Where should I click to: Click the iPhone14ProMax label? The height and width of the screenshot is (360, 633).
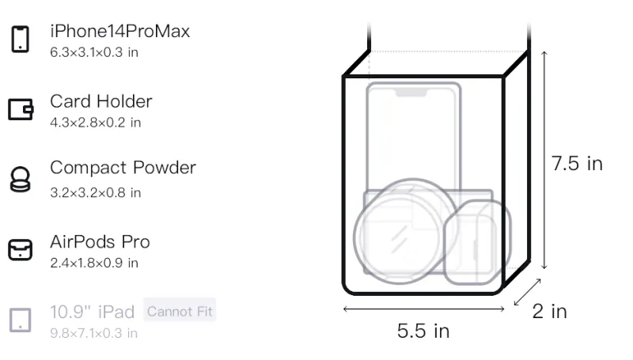[120, 32]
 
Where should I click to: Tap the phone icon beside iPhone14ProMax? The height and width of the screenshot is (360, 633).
[21, 39]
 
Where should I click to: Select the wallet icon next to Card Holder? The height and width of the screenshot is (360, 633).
[21, 109]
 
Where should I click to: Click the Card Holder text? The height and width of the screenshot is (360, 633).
[101, 101]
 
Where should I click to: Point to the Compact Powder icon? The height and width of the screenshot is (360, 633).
[21, 179]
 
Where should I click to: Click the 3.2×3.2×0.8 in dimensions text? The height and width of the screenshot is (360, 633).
[95, 192]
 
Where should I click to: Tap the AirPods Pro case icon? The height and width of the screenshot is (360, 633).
[21, 249]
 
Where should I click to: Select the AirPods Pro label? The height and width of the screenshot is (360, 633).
[100, 242]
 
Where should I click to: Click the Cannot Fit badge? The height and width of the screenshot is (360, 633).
[180, 311]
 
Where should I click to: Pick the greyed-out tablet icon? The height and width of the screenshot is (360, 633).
[21, 320]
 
